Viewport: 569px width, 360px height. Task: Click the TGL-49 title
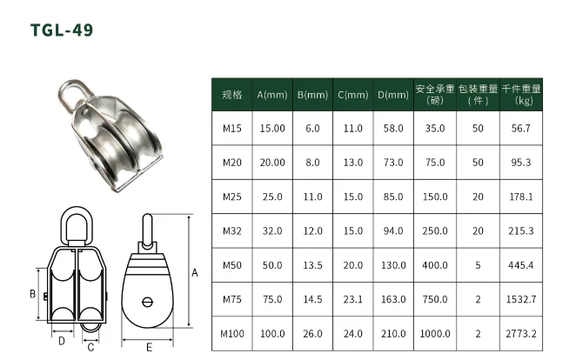[62, 30]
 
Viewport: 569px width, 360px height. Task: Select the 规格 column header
[232, 95]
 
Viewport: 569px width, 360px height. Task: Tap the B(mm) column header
[312, 95]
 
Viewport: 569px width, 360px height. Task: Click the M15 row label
[232, 129]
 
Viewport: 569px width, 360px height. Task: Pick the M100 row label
[232, 334]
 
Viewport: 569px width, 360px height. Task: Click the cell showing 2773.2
[521, 334]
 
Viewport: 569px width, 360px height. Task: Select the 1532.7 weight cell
[521, 299]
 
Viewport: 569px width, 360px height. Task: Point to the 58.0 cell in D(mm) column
[393, 129]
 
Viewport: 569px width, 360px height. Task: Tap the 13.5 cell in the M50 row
[312, 265]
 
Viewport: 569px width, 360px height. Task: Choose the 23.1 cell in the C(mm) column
[352, 299]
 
